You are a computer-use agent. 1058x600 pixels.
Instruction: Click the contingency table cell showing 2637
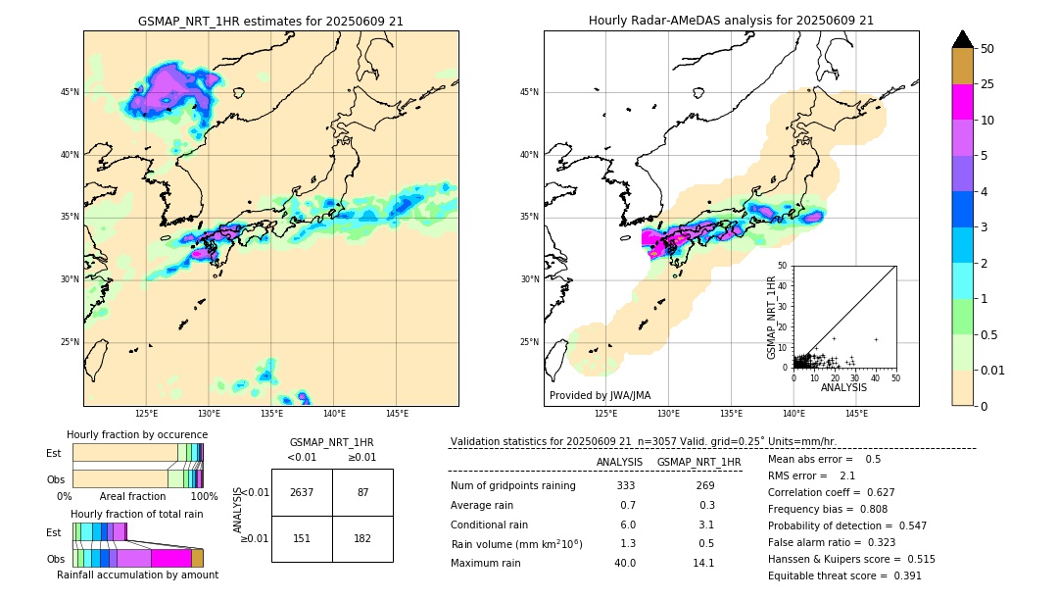tap(302, 492)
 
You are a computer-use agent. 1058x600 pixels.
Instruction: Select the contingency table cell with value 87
tap(362, 492)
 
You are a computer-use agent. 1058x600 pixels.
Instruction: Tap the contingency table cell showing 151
tap(302, 538)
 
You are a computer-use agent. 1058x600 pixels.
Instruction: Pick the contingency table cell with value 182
tap(362, 538)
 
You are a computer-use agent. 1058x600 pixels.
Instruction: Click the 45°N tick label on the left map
tap(70, 92)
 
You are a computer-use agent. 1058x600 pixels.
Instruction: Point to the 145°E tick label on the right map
tap(856, 414)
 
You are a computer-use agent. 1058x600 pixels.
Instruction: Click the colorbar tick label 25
tap(987, 84)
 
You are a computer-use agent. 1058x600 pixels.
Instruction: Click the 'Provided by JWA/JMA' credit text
tap(600, 396)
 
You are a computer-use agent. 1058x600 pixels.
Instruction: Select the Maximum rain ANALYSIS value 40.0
tap(625, 563)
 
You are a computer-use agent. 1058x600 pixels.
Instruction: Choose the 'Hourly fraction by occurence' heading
tap(137, 434)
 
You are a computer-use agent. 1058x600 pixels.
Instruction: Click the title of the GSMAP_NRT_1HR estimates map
tap(270, 21)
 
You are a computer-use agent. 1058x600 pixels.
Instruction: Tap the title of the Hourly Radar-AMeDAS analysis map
tap(731, 21)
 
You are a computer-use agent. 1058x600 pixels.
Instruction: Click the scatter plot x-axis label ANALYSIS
tap(843, 387)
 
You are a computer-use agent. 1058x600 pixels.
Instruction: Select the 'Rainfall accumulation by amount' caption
tap(137, 575)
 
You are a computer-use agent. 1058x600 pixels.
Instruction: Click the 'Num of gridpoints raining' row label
tap(513, 486)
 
